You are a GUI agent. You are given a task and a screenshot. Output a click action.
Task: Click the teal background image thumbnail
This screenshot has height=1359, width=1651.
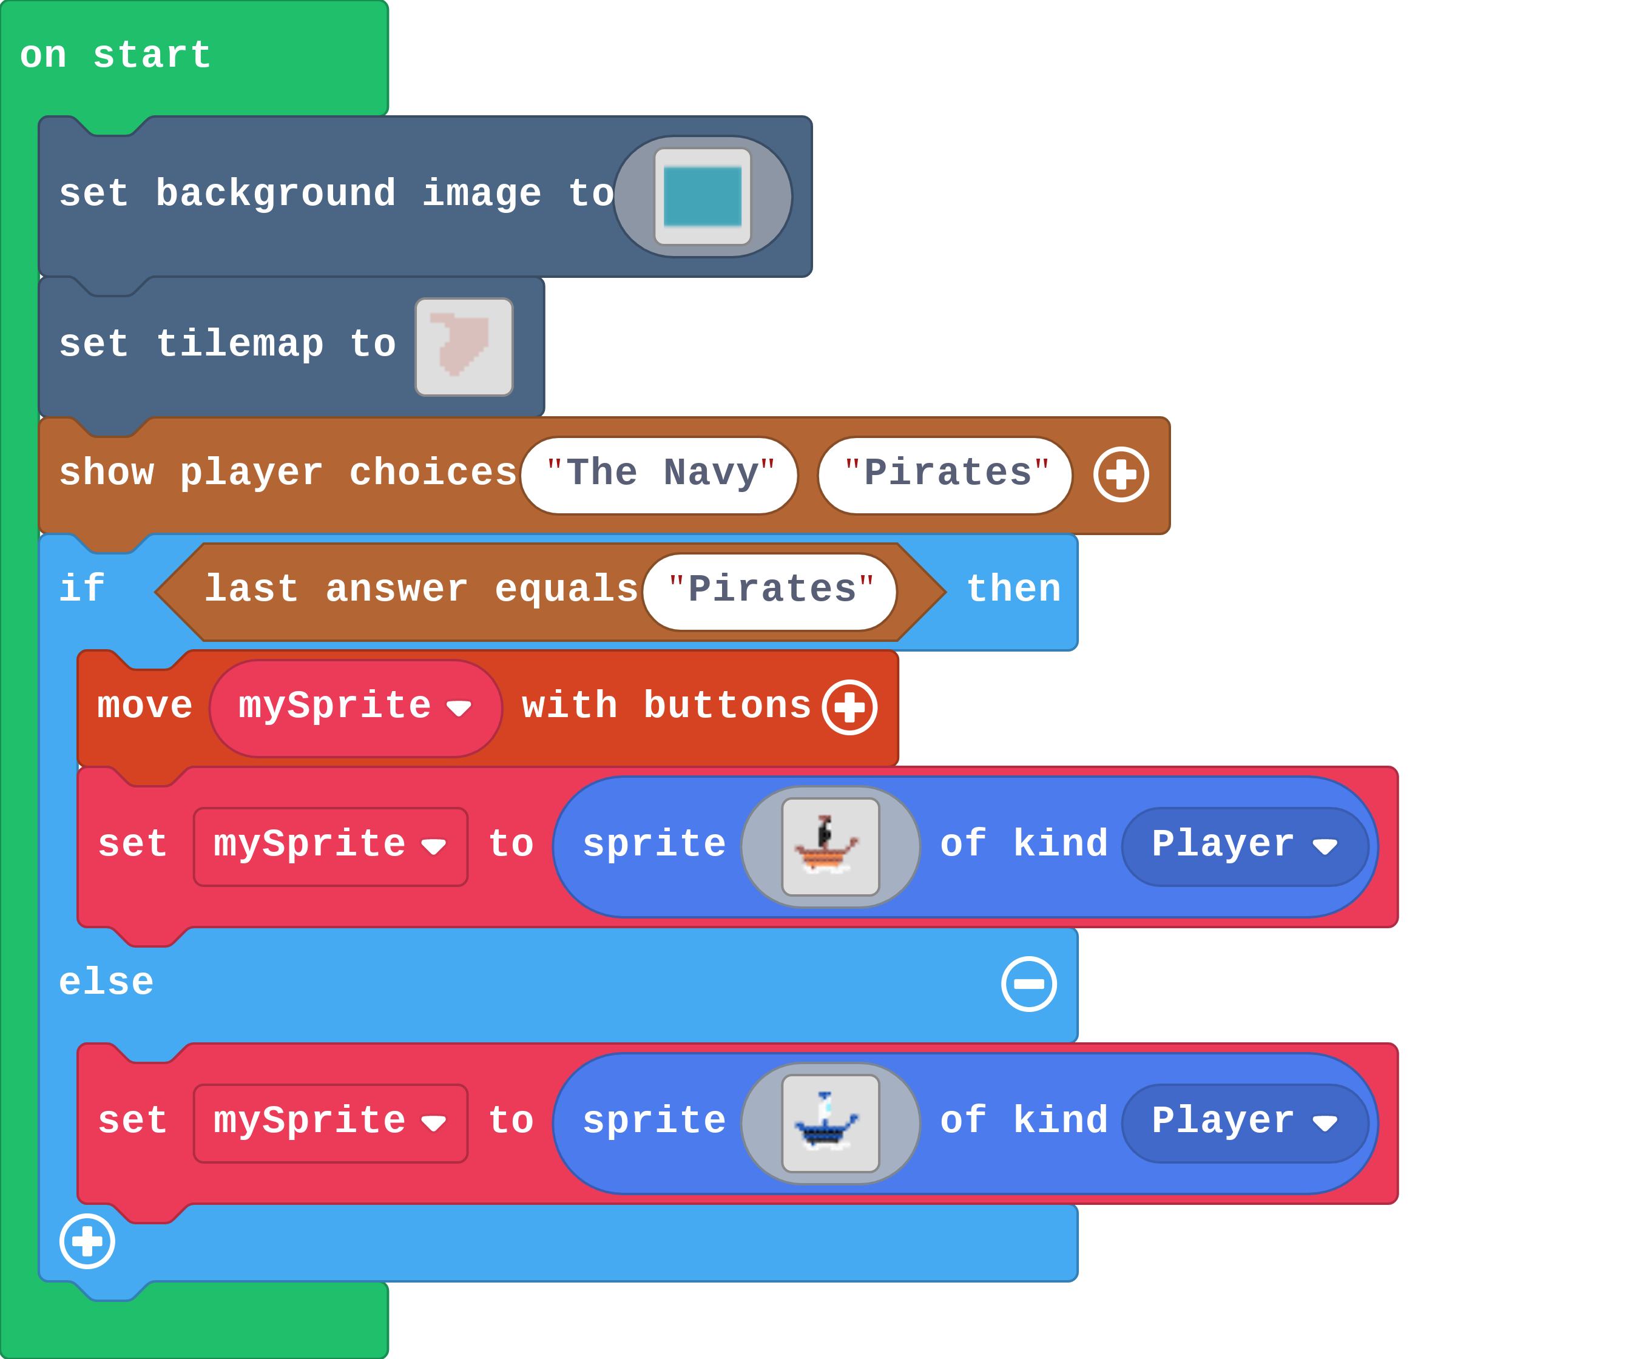pyautogui.click(x=702, y=197)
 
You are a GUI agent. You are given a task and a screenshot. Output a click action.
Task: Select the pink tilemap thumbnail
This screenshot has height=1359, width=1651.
pyautogui.click(x=464, y=347)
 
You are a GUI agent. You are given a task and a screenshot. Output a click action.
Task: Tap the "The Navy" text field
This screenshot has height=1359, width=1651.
pyautogui.click(x=659, y=474)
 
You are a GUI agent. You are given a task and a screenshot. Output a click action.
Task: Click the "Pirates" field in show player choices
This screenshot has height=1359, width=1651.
pyautogui.click(x=945, y=474)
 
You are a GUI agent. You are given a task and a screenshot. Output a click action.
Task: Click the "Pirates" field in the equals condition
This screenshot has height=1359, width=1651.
pyautogui.click(x=769, y=591)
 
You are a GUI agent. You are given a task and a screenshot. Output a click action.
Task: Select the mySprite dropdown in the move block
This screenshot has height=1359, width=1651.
pyautogui.click(x=354, y=707)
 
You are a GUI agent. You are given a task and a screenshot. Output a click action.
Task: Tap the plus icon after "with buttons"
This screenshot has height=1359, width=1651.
pyautogui.click(x=849, y=707)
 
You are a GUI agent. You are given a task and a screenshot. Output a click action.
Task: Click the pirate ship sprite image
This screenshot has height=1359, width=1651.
pyautogui.click(x=830, y=846)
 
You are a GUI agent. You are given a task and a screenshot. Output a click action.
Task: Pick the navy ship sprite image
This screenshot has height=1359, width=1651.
pyautogui.click(x=830, y=1122)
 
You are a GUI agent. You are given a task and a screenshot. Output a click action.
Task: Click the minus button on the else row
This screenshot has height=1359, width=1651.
pyautogui.click(x=1028, y=984)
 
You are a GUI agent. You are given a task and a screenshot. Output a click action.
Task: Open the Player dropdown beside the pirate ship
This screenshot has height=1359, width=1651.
pyautogui.click(x=1244, y=846)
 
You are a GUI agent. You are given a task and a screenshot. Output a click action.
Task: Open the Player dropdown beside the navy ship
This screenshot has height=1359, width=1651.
pyautogui.click(x=1244, y=1122)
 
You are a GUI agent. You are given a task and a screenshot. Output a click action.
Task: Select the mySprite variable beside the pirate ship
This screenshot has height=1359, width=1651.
pyautogui.click(x=330, y=846)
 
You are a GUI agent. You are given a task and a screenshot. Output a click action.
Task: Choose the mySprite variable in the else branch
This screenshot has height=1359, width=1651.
pyautogui.click(x=330, y=1122)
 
